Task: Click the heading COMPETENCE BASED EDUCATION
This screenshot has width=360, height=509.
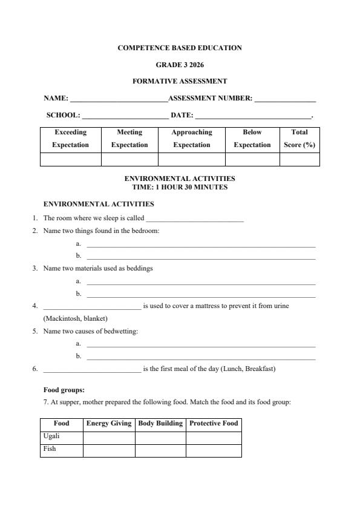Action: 180,48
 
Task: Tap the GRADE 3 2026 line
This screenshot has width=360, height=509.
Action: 180,64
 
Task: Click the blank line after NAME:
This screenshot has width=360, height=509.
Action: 119,99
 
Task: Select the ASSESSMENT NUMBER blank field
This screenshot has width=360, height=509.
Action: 285,99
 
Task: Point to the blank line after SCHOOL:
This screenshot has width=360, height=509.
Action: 125,116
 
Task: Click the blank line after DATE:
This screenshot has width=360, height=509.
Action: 252,116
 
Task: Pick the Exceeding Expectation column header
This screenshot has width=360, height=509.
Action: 70,139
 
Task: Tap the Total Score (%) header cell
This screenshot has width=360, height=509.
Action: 299,139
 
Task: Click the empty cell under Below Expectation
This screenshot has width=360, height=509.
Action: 252,159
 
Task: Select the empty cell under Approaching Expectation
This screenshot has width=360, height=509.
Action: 191,159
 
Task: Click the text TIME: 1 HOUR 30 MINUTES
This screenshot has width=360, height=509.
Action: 180,188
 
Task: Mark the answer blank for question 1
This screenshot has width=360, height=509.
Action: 194,219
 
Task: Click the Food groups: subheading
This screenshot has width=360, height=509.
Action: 64,390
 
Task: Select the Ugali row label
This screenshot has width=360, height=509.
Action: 52,436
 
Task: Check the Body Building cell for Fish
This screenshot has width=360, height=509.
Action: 160,450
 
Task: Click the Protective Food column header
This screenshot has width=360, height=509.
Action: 214,424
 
